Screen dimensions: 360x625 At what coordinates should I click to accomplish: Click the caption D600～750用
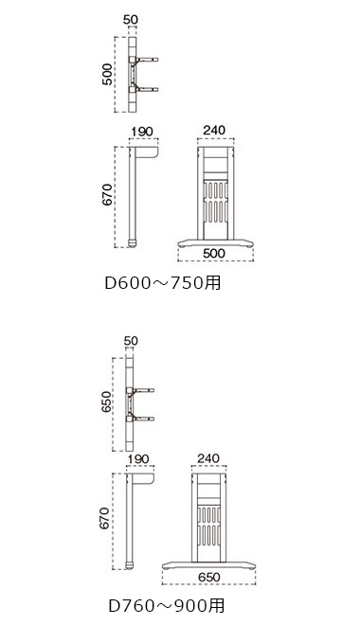163,283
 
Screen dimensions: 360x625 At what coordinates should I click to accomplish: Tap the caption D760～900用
167,606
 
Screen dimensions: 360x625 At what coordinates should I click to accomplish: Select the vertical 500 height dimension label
107,74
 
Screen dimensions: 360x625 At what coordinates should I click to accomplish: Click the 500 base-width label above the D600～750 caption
214,253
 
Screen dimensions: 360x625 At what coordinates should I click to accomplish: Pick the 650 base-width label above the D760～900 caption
208,577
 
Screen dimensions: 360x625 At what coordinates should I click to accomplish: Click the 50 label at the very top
131,20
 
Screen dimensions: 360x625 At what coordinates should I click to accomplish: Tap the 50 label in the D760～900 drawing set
131,341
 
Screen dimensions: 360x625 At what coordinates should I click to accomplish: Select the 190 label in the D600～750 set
142,131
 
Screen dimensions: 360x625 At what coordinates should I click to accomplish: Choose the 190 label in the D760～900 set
138,458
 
